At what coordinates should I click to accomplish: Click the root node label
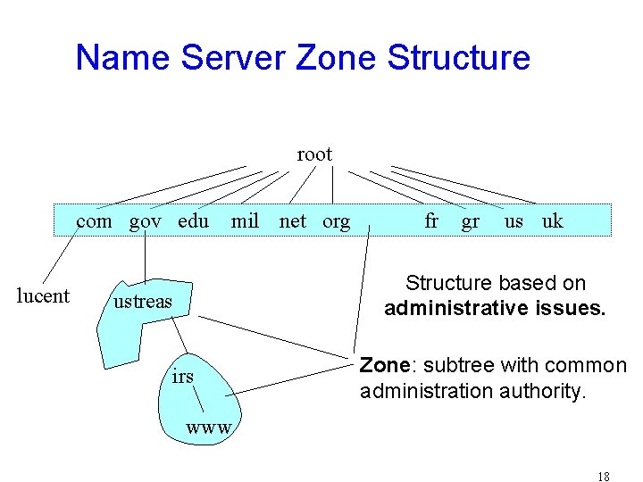click(x=314, y=154)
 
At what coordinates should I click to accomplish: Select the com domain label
click(x=94, y=220)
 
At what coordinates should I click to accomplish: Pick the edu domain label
click(x=194, y=220)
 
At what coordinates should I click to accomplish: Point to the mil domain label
click(x=245, y=220)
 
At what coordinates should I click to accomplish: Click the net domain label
click(x=292, y=220)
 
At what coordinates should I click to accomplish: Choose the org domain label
click(x=336, y=220)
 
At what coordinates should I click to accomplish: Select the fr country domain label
click(x=431, y=220)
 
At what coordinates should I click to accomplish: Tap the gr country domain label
click(x=471, y=221)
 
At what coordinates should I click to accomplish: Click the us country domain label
click(x=514, y=220)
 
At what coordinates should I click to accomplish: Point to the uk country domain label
click(x=553, y=220)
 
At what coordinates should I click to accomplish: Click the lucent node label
click(x=43, y=296)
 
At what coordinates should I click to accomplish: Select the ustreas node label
click(x=142, y=302)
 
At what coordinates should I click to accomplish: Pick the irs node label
click(x=182, y=377)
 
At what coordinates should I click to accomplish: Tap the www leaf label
click(x=209, y=428)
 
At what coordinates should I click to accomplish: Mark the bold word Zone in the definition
click(x=384, y=365)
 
